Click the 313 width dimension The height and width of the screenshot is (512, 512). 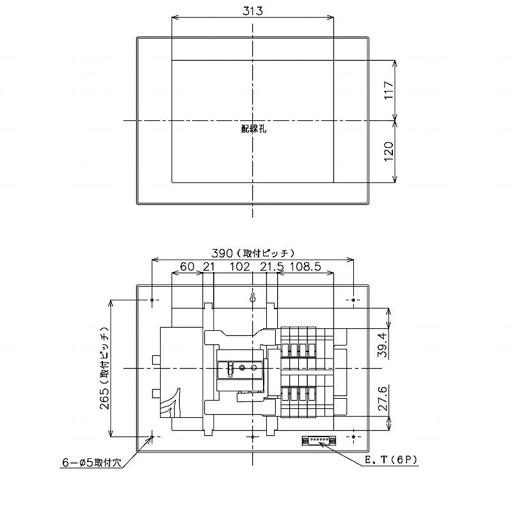click(x=253, y=11)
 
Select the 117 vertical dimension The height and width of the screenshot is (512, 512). click(x=388, y=90)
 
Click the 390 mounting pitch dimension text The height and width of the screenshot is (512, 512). click(x=253, y=253)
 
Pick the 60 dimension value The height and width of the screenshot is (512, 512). click(x=186, y=266)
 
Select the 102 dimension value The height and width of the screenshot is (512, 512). click(x=239, y=266)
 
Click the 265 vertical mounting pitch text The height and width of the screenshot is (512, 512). click(x=104, y=368)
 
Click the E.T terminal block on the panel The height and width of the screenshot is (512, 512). click(x=318, y=440)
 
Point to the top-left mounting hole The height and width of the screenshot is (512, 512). click(x=152, y=300)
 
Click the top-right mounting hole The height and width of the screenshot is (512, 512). click(x=354, y=300)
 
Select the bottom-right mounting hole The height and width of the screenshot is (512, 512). click(x=354, y=436)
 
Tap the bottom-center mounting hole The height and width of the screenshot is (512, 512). click(x=253, y=436)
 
